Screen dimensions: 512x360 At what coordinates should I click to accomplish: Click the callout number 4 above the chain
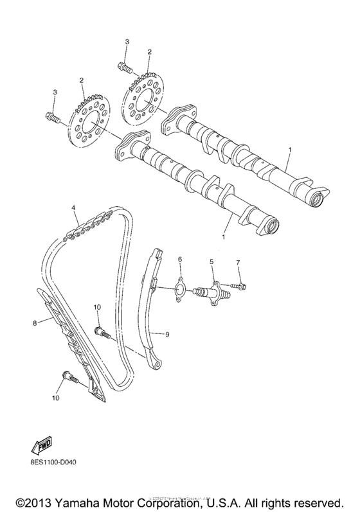pos(74,207)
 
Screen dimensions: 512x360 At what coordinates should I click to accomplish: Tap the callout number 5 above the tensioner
pos(210,262)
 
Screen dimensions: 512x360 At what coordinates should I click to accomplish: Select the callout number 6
pos(180,259)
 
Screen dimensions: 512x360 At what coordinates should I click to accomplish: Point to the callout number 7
pos(237,263)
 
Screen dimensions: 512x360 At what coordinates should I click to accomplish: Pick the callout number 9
pos(167,334)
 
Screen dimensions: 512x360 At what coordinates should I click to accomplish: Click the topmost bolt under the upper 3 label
pos(126,66)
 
